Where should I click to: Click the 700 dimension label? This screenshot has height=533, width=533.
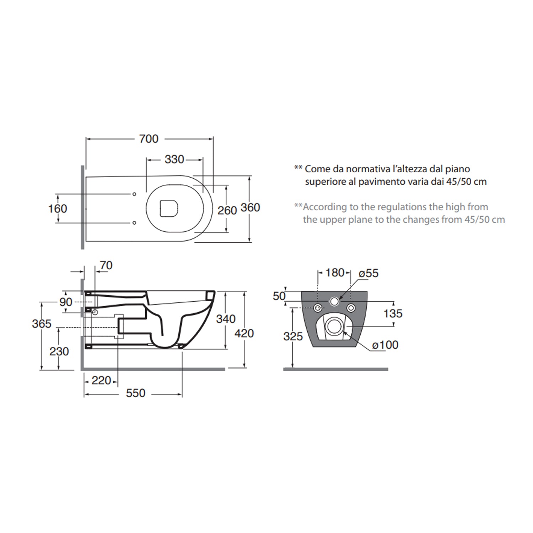coord(149,139)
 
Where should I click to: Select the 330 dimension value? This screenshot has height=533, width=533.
coord(174,160)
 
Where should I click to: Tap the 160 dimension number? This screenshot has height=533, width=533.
coord(58,209)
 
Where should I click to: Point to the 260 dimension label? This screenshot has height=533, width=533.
coord(227,210)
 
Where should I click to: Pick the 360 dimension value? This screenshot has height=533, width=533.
coord(250,208)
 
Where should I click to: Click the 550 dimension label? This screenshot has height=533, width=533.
coord(136,393)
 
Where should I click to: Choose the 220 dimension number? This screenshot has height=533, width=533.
coord(101,381)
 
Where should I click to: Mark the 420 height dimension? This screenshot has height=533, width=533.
coord(244,333)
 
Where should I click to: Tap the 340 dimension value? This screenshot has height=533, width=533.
coord(226,319)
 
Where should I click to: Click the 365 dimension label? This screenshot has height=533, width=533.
coord(42,324)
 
